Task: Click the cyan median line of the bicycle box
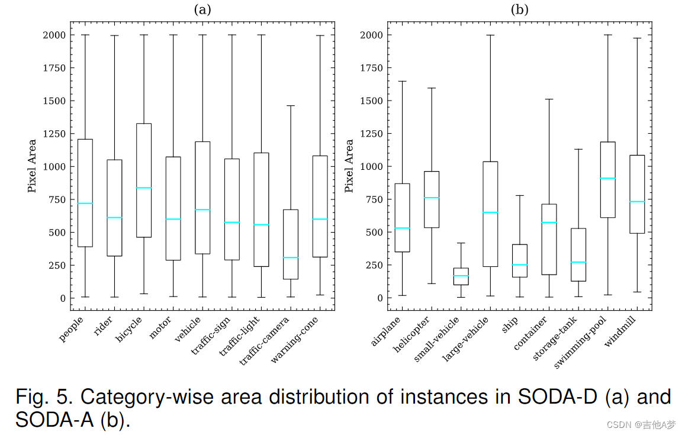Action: coord(144,188)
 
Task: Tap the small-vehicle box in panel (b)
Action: coord(461,276)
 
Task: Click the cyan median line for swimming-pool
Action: coord(607,178)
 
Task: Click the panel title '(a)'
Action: coord(202,9)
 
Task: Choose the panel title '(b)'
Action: coord(519,9)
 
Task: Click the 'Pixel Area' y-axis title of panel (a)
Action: coord(33,166)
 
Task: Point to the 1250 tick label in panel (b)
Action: coord(372,134)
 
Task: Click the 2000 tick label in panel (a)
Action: coord(55,35)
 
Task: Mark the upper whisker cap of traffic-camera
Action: coord(291,106)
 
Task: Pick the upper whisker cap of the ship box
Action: coord(520,195)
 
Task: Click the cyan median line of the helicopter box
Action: coord(432,198)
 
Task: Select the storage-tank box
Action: coord(578,254)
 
